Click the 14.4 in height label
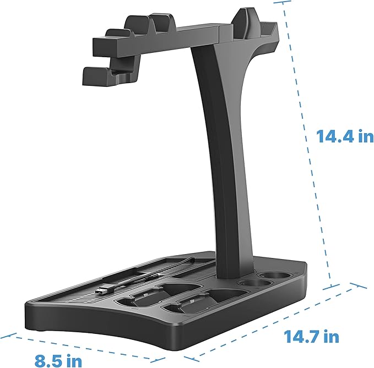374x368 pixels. pyautogui.click(x=345, y=136)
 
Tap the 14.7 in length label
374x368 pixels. pyautogui.click(x=311, y=336)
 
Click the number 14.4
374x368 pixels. pyautogui.click(x=336, y=136)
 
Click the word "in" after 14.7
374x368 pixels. pyautogui.click(x=332, y=336)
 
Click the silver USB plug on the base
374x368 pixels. pyautogui.click(x=104, y=290)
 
